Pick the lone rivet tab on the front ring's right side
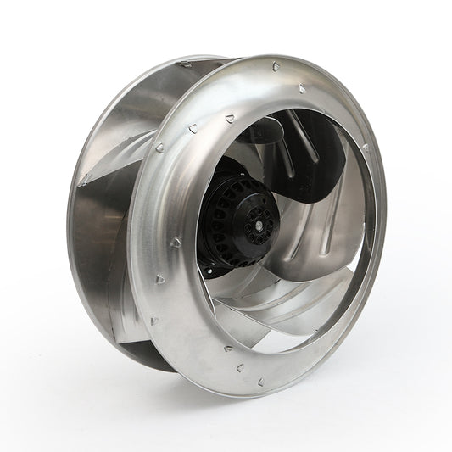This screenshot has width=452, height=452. coord(366,149)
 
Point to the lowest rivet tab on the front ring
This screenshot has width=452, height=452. coord(240,367)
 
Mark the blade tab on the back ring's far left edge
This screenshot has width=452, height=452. coord(84,180)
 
